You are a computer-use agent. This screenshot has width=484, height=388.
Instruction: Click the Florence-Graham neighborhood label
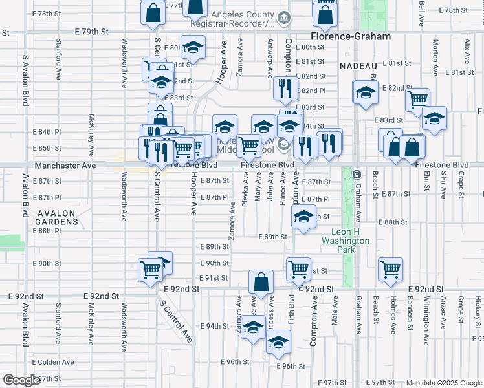coord(351,37)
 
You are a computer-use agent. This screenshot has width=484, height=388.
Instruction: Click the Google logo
coord(21,380)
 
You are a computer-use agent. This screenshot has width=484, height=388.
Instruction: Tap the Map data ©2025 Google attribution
coord(444,383)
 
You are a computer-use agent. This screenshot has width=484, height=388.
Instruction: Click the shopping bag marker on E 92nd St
coord(261,282)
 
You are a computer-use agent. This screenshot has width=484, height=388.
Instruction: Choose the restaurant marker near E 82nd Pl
coord(284,87)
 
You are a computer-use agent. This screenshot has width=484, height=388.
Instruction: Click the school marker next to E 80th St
coord(193,47)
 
